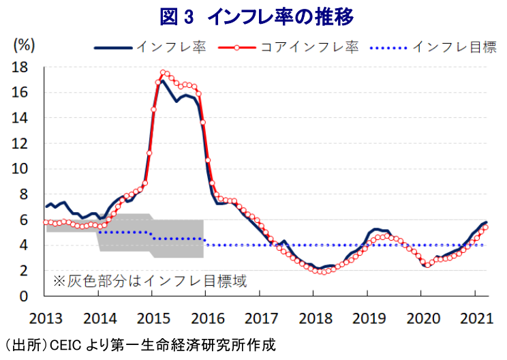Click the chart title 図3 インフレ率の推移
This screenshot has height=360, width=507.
coord(257,17)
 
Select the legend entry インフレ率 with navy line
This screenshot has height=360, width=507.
coord(151,47)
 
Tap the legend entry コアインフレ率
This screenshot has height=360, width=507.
coord(289,47)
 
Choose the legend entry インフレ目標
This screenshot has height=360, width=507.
coord(433,47)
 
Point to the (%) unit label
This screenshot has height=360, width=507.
coord(24,45)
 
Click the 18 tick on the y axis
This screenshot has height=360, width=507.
coord(20,67)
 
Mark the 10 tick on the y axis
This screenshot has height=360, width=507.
coord(20,169)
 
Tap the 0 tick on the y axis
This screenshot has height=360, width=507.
coord(24,296)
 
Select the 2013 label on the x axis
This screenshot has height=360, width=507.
coord(46,318)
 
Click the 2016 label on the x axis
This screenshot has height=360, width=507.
coord(208,318)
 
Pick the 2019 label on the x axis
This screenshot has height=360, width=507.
coord(369,318)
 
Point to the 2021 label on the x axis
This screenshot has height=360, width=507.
coord(476,318)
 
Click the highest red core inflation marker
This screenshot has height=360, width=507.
coord(163,72)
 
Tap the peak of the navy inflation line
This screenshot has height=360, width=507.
coord(162,81)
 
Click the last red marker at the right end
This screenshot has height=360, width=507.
coord(485,227)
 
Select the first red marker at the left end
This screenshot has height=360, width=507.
coord(46,222)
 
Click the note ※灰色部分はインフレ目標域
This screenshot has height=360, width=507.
coord(151,281)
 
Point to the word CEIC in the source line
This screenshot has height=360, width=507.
coord(65,345)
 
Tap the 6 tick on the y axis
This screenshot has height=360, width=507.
coord(24,220)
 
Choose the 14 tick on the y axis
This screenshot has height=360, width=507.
coord(20,118)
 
